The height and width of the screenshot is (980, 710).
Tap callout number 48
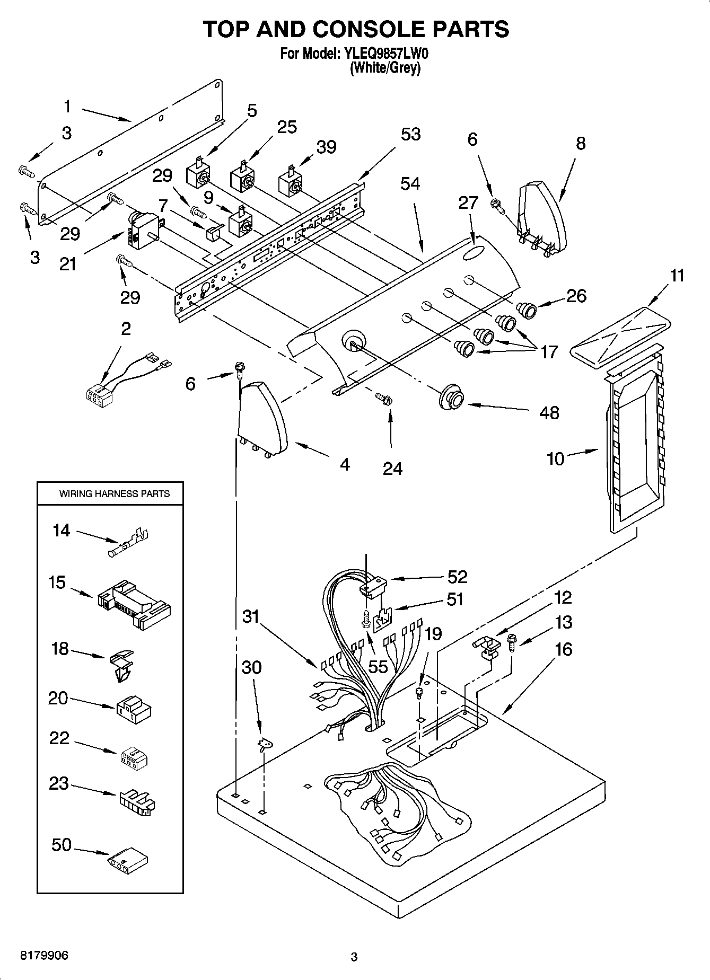(x=549, y=412)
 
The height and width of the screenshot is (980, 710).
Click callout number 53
(x=410, y=134)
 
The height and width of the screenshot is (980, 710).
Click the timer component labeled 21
(x=144, y=231)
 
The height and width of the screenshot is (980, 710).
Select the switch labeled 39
(x=291, y=182)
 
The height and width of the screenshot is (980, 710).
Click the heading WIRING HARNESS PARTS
(x=114, y=493)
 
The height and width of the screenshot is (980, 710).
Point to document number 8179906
(x=44, y=956)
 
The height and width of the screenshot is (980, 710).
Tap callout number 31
(x=251, y=616)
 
